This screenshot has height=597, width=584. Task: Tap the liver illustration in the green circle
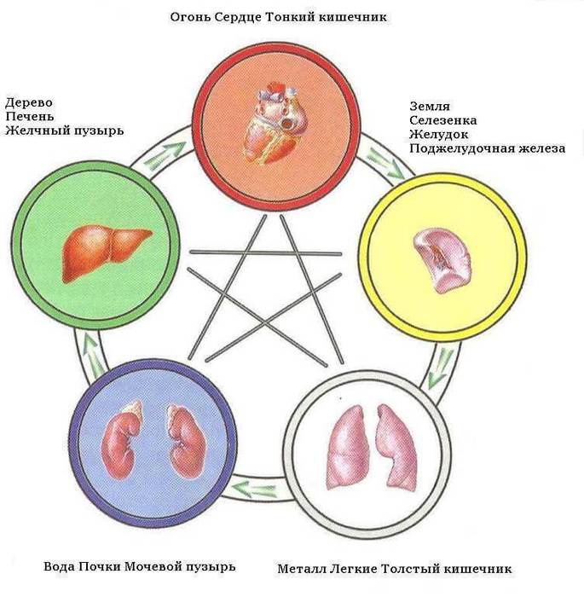(x=104, y=248)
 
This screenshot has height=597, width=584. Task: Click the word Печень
(x=30, y=115)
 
